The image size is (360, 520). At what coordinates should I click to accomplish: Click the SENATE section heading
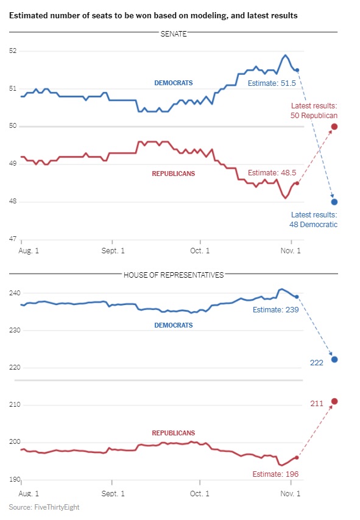click(174, 34)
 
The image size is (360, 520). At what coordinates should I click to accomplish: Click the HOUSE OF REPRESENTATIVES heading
click(174, 275)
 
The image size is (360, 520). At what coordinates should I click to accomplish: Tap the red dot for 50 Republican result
click(334, 127)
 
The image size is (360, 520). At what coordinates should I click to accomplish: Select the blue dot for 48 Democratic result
click(334, 202)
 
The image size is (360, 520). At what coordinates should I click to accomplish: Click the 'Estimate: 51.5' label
click(272, 83)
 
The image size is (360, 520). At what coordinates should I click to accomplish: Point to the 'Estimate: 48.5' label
click(272, 173)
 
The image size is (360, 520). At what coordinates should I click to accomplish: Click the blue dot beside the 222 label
click(334, 359)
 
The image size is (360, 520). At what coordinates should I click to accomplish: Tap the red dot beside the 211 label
click(334, 402)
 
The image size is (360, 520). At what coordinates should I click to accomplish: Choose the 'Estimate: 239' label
click(276, 310)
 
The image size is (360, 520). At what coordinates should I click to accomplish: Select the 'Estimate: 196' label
click(275, 474)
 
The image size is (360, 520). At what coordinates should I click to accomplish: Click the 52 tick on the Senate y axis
click(13, 51)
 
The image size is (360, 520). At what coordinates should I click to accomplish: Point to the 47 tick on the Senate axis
click(13, 239)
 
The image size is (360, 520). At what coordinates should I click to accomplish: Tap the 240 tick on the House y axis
click(15, 293)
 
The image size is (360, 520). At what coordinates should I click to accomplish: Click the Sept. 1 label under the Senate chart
click(113, 251)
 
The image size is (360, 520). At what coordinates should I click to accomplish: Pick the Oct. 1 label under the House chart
click(200, 493)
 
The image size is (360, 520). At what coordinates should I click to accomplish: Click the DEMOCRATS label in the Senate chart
click(174, 83)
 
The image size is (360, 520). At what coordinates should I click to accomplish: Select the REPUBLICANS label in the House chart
click(174, 433)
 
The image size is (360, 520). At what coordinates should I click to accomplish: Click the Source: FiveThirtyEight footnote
click(44, 507)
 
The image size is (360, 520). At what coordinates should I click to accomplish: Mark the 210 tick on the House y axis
click(15, 404)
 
